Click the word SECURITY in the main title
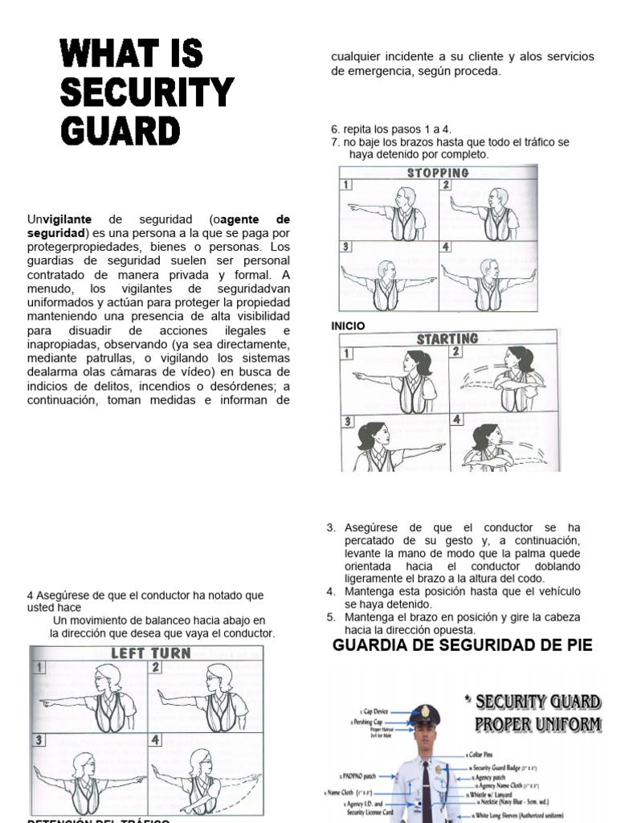click(x=146, y=93)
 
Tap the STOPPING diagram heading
click(x=438, y=172)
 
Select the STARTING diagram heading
click(x=447, y=338)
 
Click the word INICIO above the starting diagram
click(x=348, y=326)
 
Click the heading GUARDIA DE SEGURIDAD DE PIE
click(x=462, y=645)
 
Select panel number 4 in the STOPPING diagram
click(x=446, y=247)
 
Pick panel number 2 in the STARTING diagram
click(x=456, y=351)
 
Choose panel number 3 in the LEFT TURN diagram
click(x=39, y=739)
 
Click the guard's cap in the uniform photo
click(x=423, y=714)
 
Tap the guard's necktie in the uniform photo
click(x=424, y=788)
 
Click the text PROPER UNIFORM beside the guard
click(x=537, y=724)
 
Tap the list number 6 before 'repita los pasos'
click(x=334, y=129)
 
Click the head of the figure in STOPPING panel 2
click(x=499, y=198)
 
